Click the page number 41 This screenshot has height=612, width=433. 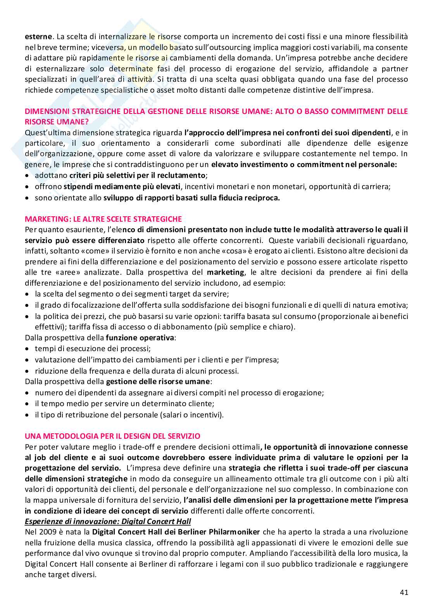click(404, 592)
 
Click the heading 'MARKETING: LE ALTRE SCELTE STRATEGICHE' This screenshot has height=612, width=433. click(103, 219)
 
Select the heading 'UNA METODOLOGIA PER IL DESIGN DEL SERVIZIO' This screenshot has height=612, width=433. click(112, 436)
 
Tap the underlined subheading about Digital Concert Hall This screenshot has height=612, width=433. click(108, 521)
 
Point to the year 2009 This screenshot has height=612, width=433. click(48, 532)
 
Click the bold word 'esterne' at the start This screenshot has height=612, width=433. click(38, 37)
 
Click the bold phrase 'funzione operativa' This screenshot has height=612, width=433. click(140, 338)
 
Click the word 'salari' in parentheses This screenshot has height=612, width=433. click(173, 415)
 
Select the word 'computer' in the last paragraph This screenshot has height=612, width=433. click(226, 553)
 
